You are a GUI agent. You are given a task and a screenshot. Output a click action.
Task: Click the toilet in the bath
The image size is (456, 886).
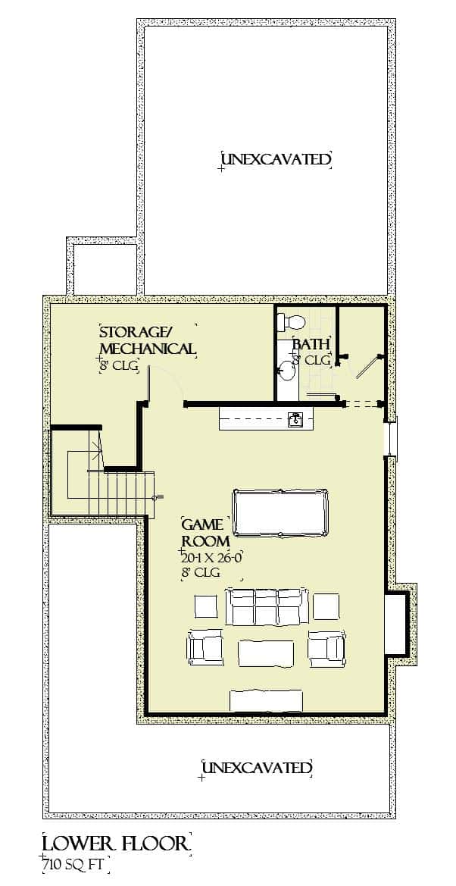pyautogui.click(x=290, y=320)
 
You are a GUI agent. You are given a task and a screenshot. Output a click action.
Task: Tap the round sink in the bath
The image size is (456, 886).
pyautogui.click(x=287, y=371)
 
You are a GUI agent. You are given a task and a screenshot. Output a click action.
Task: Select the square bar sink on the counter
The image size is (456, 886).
pyautogui.click(x=296, y=418)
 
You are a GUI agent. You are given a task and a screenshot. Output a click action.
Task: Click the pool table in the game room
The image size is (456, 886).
pyautogui.click(x=281, y=512)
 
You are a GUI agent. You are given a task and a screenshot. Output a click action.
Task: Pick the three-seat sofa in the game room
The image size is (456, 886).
pyautogui.click(x=267, y=606)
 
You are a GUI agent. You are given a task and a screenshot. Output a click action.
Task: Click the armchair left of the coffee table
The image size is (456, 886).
pyautogui.click(x=205, y=646)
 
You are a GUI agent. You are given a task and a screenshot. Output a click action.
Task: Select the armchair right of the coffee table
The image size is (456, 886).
pyautogui.click(x=326, y=646)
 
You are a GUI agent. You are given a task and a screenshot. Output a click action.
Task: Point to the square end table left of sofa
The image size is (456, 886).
pyautogui.click(x=206, y=606)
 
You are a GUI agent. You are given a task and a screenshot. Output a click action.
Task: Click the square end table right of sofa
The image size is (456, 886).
pyautogui.click(x=326, y=606)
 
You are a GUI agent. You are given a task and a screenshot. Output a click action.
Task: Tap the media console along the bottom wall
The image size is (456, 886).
pyautogui.click(x=267, y=700)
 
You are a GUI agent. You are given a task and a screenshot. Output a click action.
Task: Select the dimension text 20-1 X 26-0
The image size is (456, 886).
pyautogui.click(x=211, y=557)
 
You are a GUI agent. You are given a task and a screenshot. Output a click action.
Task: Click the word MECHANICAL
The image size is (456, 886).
pyautogui.click(x=148, y=349)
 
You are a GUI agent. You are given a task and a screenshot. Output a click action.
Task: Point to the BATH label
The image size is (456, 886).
pyautogui.click(x=311, y=344)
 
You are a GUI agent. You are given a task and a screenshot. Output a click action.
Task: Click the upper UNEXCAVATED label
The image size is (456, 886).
pyautogui.click(x=276, y=159)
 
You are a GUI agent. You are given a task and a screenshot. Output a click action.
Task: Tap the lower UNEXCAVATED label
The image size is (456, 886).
pyautogui.click(x=257, y=768)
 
